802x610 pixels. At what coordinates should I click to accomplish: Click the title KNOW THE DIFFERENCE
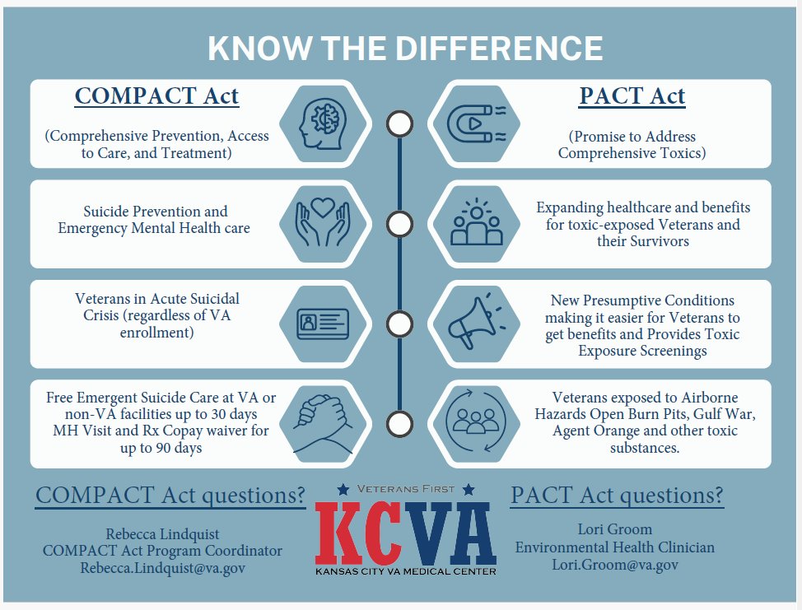pyautogui.click(x=405, y=49)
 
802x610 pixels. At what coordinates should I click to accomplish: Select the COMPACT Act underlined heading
pyautogui.click(x=156, y=96)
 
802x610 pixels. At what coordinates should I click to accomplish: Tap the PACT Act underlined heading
pyautogui.click(x=632, y=96)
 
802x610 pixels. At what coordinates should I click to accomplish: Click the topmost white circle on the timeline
pyautogui.click(x=399, y=124)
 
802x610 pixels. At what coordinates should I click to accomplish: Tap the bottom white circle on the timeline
pyautogui.click(x=399, y=425)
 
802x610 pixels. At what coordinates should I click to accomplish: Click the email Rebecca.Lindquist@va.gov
pyautogui.click(x=162, y=568)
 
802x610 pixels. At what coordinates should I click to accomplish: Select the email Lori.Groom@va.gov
pyautogui.click(x=615, y=565)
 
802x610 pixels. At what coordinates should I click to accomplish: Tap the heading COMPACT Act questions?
pyautogui.click(x=170, y=496)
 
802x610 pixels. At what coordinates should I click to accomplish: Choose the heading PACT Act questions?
pyautogui.click(x=617, y=496)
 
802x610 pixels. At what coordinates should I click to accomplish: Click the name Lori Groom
pyautogui.click(x=615, y=529)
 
